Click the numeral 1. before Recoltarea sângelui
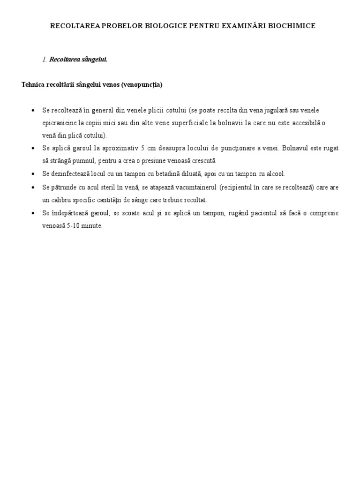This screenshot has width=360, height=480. click(x=45, y=60)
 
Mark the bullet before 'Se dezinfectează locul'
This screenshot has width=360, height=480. click(x=33, y=174)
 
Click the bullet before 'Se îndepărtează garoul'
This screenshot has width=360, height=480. click(x=33, y=213)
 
